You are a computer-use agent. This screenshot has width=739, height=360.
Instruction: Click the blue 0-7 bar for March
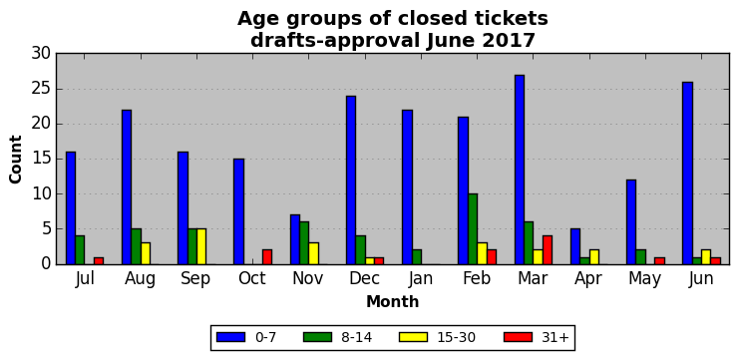click(520, 170)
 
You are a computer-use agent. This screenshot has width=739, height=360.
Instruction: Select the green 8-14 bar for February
click(473, 229)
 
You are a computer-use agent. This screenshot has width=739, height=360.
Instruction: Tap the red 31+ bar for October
click(267, 257)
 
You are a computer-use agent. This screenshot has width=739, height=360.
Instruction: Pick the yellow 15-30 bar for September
click(201, 246)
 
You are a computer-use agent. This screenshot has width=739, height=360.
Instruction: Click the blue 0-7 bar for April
click(575, 246)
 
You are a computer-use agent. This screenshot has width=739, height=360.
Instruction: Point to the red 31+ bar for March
click(548, 249)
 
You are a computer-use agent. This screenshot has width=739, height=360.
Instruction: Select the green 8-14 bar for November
click(304, 243)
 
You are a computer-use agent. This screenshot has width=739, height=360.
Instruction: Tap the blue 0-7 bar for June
click(687, 173)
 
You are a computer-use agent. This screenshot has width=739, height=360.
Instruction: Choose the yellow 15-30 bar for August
click(146, 253)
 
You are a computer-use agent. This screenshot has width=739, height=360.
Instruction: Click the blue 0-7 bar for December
click(351, 180)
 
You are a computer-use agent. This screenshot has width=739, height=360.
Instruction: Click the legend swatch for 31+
click(518, 337)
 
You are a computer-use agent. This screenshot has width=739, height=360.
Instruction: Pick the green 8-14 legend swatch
click(318, 337)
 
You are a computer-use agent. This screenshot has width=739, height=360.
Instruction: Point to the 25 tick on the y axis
click(57, 89)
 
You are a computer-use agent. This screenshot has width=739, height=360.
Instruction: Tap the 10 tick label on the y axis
click(41, 194)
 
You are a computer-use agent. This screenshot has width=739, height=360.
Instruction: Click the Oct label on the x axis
click(252, 278)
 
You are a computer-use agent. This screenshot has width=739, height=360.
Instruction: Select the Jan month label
click(421, 278)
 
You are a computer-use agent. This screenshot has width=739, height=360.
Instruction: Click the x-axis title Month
click(393, 301)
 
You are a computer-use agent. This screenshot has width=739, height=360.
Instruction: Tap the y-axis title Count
click(16, 160)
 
